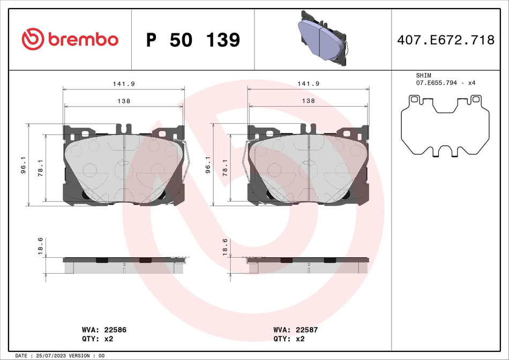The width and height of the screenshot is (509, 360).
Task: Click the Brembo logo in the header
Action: (70, 39)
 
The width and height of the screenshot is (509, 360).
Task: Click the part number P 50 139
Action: (193, 40)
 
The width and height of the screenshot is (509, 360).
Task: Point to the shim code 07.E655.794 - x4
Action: (446, 83)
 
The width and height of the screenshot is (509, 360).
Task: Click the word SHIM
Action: (423, 76)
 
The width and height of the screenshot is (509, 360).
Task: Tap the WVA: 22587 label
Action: (295, 330)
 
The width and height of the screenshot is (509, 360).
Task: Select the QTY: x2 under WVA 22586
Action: (96, 339)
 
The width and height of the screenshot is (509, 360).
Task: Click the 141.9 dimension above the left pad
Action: (124, 84)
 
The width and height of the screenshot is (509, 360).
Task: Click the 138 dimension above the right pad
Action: (308, 101)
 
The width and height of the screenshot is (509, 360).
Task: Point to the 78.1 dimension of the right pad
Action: (225, 168)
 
